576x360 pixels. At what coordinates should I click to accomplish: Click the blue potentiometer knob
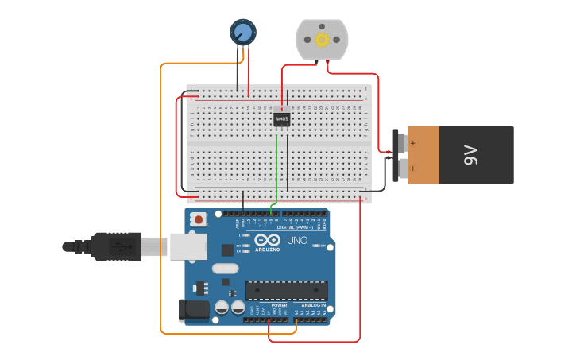[243, 32]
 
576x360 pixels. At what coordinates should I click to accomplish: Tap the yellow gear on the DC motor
[322, 39]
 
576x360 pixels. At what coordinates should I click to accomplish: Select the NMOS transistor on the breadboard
[282, 119]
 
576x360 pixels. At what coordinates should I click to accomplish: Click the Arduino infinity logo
[267, 240]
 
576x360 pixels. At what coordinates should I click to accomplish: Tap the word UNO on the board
[296, 240]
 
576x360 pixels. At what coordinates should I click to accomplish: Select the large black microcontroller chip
[286, 290]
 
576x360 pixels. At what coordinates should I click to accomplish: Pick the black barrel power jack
[193, 310]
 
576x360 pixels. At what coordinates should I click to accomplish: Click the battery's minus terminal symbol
[412, 168]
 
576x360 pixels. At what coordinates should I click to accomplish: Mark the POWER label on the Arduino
[279, 305]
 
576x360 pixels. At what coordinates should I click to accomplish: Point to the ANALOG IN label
[313, 305]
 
